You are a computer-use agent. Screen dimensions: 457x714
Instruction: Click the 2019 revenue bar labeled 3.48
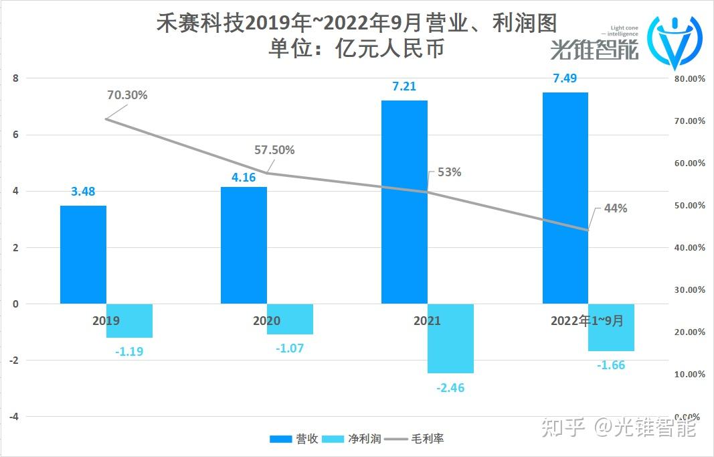(x=83, y=255)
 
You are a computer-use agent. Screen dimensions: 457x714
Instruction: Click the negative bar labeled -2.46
(x=450, y=338)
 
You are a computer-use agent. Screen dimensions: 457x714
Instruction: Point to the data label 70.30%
(x=127, y=95)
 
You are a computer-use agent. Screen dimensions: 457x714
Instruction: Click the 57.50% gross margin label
(x=274, y=150)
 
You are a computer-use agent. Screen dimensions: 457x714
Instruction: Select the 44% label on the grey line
(x=616, y=208)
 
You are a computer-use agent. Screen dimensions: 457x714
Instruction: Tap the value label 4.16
(x=244, y=179)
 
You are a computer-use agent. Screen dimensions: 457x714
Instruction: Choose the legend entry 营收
(x=290, y=439)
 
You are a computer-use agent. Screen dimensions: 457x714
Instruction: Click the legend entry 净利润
(x=352, y=439)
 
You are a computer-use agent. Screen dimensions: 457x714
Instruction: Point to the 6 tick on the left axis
(x=15, y=135)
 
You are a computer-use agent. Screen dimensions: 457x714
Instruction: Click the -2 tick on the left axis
(x=13, y=361)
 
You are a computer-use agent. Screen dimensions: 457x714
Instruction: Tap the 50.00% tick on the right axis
(x=688, y=205)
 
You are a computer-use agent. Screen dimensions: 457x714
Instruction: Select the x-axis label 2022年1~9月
(x=587, y=321)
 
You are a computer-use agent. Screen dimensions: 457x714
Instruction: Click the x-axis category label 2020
(x=266, y=321)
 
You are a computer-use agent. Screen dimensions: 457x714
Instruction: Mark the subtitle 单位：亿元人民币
(x=356, y=49)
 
